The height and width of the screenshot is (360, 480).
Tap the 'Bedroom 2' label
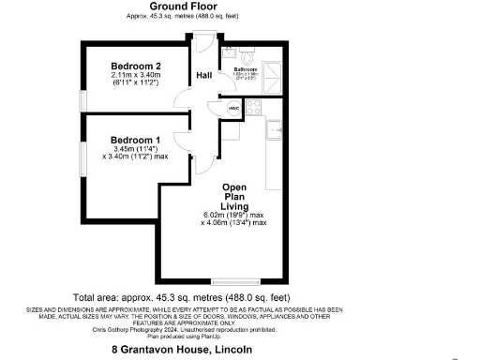click(136, 66)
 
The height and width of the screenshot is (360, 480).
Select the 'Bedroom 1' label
click(136, 141)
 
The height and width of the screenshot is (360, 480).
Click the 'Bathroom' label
click(245, 68)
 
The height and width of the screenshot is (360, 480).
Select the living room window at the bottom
click(234, 280)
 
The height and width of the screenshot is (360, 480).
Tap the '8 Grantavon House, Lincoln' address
click(183, 349)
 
